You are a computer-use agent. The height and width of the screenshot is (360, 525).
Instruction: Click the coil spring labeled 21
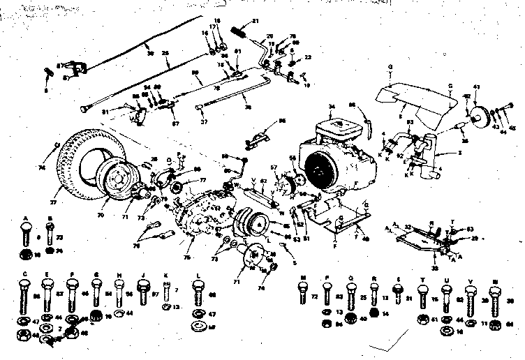click(240, 31)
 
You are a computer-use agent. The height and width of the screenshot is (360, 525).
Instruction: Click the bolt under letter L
click(198, 293)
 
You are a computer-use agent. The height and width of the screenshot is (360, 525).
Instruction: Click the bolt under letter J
click(143, 290)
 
